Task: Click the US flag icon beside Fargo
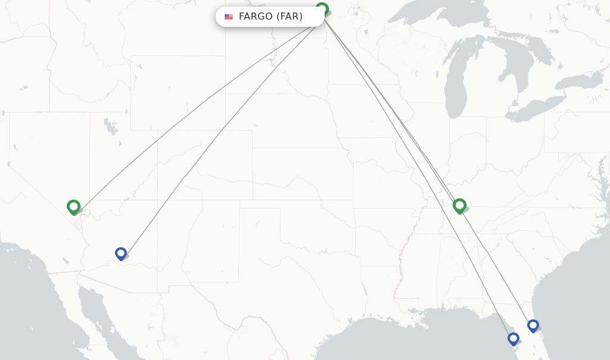[x=229, y=17]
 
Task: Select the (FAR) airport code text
[x=290, y=17]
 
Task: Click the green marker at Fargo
[x=322, y=9]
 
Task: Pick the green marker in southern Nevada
[x=73, y=206]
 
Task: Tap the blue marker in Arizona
[x=121, y=253]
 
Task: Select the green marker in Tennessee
[x=459, y=206]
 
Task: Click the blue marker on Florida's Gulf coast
[x=513, y=339]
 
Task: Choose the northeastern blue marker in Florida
[x=533, y=325]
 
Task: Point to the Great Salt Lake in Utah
[x=110, y=127]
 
